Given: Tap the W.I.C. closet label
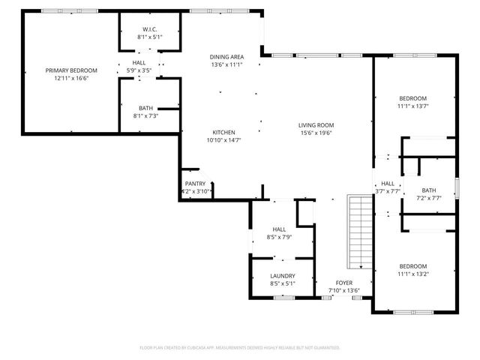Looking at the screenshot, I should point(148,28).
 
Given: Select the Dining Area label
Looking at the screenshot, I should point(226,57).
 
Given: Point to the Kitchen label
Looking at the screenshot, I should point(223,132).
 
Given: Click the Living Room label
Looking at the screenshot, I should point(316,125).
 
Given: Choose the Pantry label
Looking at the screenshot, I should point(195,184).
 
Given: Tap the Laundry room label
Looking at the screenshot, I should point(282,275).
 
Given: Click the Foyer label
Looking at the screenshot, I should point(344,283).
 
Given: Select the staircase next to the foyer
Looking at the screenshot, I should point(358,232).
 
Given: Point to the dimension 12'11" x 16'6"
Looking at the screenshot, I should point(67,78).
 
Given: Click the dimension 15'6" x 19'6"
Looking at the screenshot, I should point(316,133).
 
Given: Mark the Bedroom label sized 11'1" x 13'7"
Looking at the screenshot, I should point(412,98).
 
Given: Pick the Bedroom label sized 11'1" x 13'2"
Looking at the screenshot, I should point(412,266).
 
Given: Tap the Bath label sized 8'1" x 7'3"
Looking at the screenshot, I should point(145,108).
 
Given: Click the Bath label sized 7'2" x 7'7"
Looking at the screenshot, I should point(428,190).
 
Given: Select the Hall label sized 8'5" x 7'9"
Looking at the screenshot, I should point(279,229).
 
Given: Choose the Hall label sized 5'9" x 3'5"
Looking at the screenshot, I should point(139,63).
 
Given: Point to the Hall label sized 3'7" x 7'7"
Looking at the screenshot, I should point(387,183).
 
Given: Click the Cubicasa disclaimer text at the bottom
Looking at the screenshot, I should point(240,348).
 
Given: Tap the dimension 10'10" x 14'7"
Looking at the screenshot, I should point(223,139).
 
